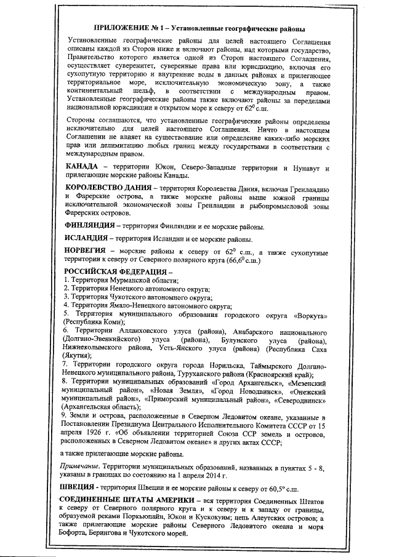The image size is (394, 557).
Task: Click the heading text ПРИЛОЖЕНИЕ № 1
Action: pos(127,29)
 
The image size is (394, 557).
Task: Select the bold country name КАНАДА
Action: pos(81,167)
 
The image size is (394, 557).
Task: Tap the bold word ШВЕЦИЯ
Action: pos(79,488)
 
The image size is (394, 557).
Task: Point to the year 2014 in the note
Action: pos(214,476)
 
